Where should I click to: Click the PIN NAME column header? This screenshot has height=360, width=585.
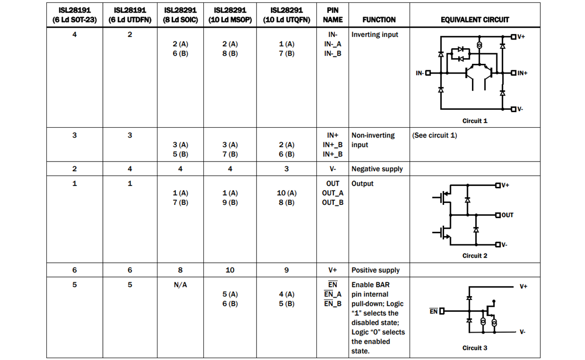pyautogui.click(x=332, y=15)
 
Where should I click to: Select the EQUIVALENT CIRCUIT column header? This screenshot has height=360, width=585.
pyautogui.click(x=474, y=20)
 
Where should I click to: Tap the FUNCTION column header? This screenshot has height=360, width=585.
pyautogui.click(x=379, y=20)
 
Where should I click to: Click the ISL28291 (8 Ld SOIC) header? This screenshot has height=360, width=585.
pyautogui.click(x=180, y=15)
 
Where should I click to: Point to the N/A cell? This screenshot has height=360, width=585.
pyautogui.click(x=180, y=285)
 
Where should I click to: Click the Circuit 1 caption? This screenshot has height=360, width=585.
pyautogui.click(x=474, y=121)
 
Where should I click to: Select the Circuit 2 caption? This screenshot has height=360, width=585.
pyautogui.click(x=474, y=256)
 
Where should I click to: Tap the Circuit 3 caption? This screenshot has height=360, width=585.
pyautogui.click(x=474, y=348)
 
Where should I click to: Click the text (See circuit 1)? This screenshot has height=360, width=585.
pyautogui.click(x=434, y=135)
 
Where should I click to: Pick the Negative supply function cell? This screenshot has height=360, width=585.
pyautogui.click(x=377, y=169)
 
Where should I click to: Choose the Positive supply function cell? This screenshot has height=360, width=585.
pyautogui.click(x=375, y=270)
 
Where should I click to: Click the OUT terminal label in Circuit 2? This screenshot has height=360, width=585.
pyautogui.click(x=507, y=215)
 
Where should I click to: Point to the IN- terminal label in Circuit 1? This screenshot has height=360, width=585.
pyautogui.click(x=420, y=74)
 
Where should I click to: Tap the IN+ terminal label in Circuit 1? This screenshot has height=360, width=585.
pyautogui.click(x=522, y=74)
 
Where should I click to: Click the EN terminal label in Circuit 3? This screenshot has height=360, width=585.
pyautogui.click(x=433, y=311)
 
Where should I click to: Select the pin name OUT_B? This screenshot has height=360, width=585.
pyautogui.click(x=332, y=202)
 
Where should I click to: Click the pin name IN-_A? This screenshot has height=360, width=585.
pyautogui.click(x=332, y=44)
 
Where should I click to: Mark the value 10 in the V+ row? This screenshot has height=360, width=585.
pyautogui.click(x=230, y=270)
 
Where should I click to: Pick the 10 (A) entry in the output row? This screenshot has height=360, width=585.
pyautogui.click(x=286, y=193)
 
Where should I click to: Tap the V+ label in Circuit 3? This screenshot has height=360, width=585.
pyautogui.click(x=523, y=286)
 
